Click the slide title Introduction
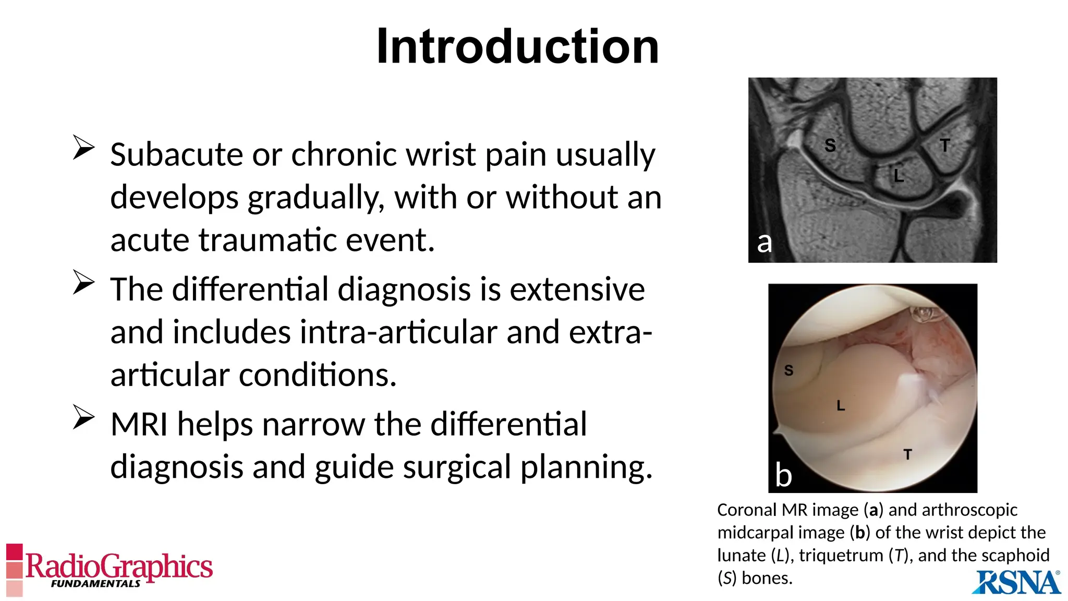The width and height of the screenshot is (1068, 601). tap(517, 47)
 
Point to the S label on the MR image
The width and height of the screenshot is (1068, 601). tap(830, 145)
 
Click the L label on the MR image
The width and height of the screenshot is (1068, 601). tap(899, 175)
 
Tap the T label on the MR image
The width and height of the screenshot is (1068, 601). tap(945, 145)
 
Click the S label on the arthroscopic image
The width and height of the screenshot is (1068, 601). tap(788, 370)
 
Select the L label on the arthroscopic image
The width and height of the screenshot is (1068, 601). tap(841, 405)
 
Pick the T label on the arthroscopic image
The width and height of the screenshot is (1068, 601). tap(908, 454)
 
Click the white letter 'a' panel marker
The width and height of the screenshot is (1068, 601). tap(764, 242)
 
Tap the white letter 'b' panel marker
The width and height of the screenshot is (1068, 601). tap(783, 475)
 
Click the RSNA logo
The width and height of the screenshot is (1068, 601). tap(1016, 582)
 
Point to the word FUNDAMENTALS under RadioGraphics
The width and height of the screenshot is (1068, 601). tap(95, 584)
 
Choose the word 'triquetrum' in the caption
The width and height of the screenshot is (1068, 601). tap(841, 555)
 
